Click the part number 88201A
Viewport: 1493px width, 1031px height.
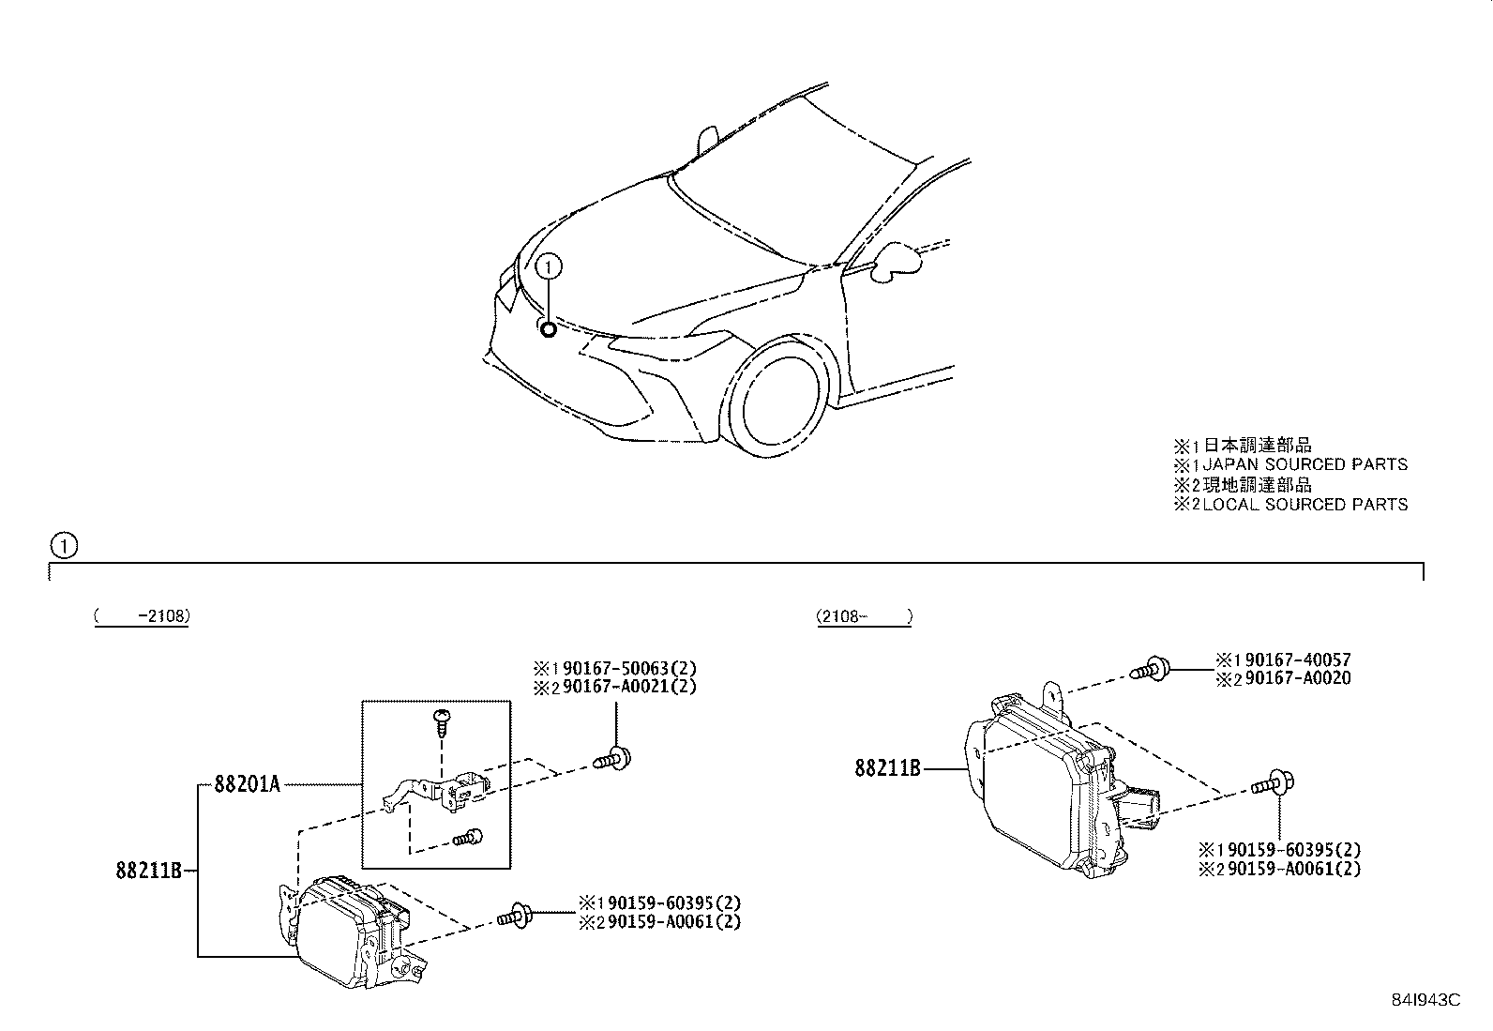tap(247, 784)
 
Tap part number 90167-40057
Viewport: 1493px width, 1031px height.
tap(1295, 660)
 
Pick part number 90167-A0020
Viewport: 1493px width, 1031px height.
tap(1295, 678)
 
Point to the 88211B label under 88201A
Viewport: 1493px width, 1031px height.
tap(148, 871)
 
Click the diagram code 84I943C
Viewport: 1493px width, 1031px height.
tap(1425, 1000)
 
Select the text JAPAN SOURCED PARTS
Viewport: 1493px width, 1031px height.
tap(1305, 464)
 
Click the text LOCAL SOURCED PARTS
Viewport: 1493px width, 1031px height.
tap(1305, 505)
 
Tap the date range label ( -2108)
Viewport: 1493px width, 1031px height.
tap(142, 617)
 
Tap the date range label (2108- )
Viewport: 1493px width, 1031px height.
tap(864, 617)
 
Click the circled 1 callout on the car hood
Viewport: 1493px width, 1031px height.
tap(550, 267)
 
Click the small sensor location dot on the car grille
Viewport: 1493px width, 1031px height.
tap(548, 328)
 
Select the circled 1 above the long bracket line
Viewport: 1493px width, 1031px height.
tap(63, 545)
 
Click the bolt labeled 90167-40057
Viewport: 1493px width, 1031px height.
tap(1150, 670)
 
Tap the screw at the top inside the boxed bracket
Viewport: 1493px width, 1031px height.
tap(441, 720)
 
